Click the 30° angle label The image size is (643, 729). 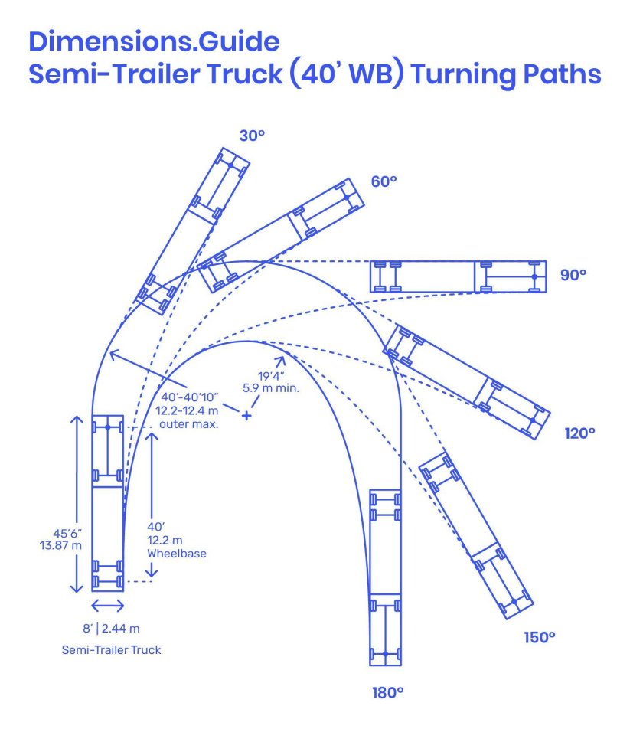coord(252,136)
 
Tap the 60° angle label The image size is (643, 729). coord(384,181)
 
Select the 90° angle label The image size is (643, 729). coord(573,275)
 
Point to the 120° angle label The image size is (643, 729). coord(579,433)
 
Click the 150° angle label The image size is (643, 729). coord(540,637)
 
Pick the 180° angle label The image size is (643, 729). coord(387,693)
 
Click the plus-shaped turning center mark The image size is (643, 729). coord(246,415)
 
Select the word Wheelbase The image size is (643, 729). coord(177,553)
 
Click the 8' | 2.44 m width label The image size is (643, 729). coord(111,629)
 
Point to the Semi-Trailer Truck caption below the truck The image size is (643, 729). coord(111,650)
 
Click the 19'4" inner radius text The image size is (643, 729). coord(271,376)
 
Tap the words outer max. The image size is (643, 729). coord(188,424)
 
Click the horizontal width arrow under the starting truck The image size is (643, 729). coord(107,605)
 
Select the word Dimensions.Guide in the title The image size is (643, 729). coord(154,41)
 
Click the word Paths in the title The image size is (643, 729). coord(562,74)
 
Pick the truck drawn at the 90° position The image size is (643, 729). coord(458,276)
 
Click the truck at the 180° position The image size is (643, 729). coord(385,577)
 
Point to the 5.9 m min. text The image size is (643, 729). coord(271,387)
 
